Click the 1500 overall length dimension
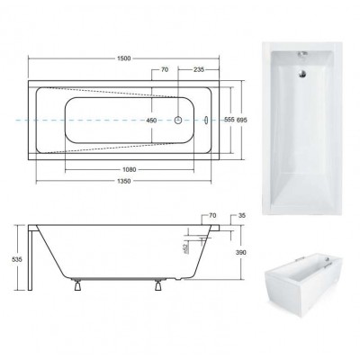pos(123,58)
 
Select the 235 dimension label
pos(199,69)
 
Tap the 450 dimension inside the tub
pos(151,121)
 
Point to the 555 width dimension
pos(229,120)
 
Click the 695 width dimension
pos(242,120)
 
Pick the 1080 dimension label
pos(130,170)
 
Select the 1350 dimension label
pos(123,181)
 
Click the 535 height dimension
pos(17,259)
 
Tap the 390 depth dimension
pos(240,253)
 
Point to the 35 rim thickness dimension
pos(242,215)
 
